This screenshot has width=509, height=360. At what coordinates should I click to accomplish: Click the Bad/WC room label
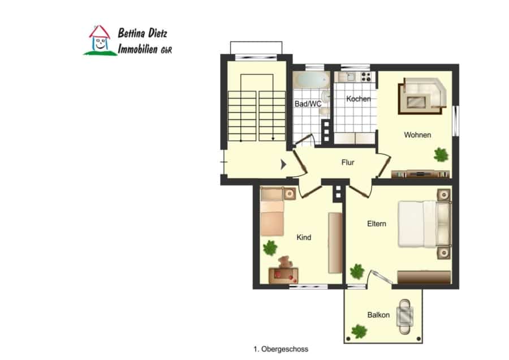(x=308, y=104)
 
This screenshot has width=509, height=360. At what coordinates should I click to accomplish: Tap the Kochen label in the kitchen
(x=359, y=98)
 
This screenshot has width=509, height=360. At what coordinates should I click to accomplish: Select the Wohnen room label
(x=417, y=135)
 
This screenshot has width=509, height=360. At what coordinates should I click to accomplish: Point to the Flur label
(x=348, y=162)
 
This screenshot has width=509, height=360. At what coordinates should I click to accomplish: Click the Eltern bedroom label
(x=377, y=224)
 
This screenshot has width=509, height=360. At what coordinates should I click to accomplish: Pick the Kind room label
(x=304, y=238)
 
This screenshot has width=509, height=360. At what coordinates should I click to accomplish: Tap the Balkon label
(x=378, y=315)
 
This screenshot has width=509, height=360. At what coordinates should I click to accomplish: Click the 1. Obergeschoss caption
(x=281, y=349)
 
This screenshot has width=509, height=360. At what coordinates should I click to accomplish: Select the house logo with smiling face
(x=100, y=40)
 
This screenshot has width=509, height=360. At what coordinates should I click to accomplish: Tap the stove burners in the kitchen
(x=366, y=76)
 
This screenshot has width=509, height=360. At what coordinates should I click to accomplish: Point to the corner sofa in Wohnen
(x=423, y=95)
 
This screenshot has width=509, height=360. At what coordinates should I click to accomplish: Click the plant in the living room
(x=441, y=155)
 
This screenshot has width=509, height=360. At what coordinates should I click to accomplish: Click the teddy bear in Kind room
(x=284, y=262)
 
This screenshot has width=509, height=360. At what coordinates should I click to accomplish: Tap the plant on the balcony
(x=359, y=331)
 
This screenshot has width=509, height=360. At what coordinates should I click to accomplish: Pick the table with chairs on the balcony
(x=405, y=316)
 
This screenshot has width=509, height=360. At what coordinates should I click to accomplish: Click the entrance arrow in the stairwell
(x=283, y=164)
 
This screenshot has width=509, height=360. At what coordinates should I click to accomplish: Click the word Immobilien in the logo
(x=137, y=49)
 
